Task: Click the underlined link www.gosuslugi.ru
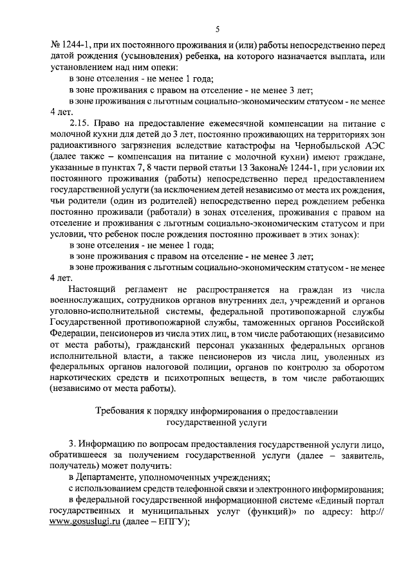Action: tap(86, 523)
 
